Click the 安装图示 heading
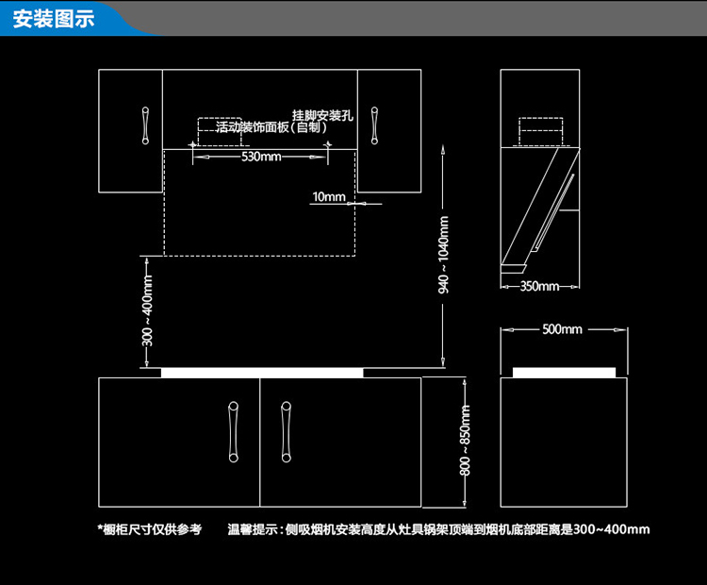pyautogui.click(x=54, y=20)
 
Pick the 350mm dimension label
pyautogui.click(x=539, y=286)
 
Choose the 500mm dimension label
pyautogui.click(x=563, y=329)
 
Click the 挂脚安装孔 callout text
pyautogui.click(x=321, y=115)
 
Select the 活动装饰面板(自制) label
pyautogui.click(x=271, y=127)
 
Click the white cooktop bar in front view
pyautogui.click(x=261, y=372)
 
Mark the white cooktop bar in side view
pyautogui.click(x=564, y=372)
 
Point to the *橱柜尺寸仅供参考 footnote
pyautogui.click(x=149, y=529)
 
